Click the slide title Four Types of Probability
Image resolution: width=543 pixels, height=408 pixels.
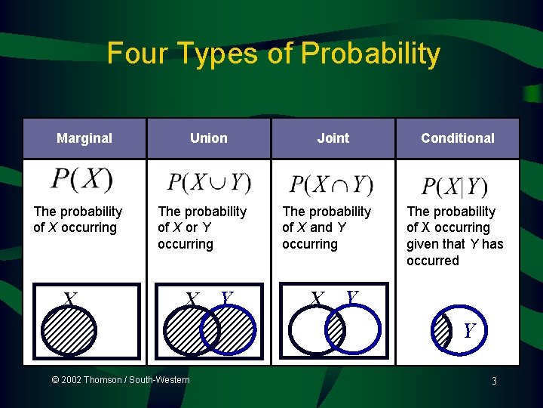click(x=273, y=54)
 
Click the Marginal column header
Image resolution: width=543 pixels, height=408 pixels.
click(x=84, y=138)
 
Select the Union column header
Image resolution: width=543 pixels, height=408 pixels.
click(x=209, y=138)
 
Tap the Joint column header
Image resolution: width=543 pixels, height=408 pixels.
click(x=333, y=138)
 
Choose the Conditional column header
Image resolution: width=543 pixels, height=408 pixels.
click(x=458, y=138)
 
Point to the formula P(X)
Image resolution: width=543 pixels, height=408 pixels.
click(x=81, y=180)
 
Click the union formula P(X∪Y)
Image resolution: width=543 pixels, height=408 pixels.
click(x=209, y=183)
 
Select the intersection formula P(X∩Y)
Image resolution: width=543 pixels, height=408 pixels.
click(x=332, y=184)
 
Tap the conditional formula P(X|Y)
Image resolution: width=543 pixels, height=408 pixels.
click(x=455, y=186)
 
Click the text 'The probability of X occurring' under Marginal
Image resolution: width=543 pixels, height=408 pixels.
click(x=78, y=220)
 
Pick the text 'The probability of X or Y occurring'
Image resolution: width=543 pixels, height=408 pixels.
click(x=202, y=227)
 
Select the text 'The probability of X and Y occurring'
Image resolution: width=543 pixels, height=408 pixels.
click(x=327, y=227)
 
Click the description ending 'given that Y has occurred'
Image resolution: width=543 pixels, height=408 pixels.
click(x=455, y=236)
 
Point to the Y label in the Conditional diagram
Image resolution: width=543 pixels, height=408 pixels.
click(x=469, y=331)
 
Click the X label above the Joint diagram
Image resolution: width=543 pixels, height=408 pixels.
click(x=318, y=300)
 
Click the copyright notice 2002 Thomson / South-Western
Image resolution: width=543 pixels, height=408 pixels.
click(x=121, y=380)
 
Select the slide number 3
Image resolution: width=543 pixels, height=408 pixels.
click(x=494, y=382)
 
